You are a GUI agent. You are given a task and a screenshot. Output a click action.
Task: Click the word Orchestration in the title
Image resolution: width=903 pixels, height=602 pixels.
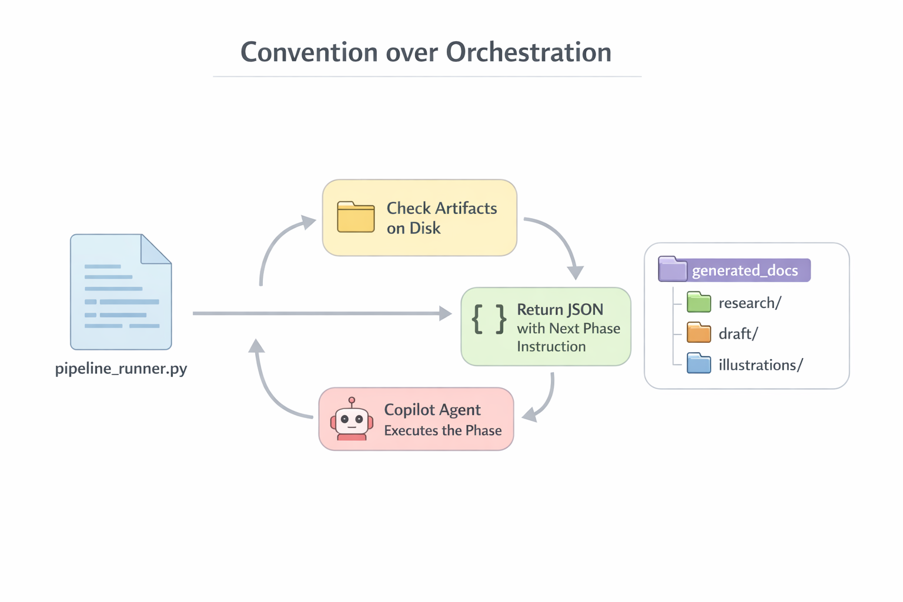click(529, 52)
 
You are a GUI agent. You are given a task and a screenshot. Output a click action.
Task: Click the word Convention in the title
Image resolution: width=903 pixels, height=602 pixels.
click(309, 52)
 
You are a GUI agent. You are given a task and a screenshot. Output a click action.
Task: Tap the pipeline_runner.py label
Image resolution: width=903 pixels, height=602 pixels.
click(121, 369)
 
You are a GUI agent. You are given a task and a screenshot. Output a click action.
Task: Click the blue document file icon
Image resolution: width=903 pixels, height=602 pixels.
click(121, 292)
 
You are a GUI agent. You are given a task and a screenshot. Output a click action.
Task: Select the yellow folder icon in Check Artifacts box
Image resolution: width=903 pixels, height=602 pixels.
click(356, 217)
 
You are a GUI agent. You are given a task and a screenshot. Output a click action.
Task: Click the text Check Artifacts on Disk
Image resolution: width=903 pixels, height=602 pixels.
click(442, 218)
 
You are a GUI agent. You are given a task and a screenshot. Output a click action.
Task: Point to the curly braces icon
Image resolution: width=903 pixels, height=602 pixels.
click(489, 319)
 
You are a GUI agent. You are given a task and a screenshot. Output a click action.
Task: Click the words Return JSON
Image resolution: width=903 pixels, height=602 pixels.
click(560, 309)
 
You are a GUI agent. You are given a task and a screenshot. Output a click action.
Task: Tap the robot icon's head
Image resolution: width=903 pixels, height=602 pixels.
click(352, 419)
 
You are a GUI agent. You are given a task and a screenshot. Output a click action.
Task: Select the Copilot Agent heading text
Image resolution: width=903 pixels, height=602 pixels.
click(432, 410)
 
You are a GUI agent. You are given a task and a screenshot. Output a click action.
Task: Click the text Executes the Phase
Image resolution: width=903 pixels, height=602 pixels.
click(443, 430)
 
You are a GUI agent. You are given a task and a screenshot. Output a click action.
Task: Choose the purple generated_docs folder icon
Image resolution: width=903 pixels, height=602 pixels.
click(673, 269)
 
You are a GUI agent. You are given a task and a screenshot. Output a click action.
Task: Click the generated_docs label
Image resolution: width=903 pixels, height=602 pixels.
click(745, 270)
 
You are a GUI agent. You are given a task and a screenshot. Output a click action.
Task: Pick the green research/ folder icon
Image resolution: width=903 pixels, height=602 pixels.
click(698, 302)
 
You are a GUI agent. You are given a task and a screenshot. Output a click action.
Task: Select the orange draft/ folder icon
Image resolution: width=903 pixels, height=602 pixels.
click(698, 333)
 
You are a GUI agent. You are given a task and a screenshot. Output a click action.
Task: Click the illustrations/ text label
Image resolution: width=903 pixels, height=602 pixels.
click(760, 365)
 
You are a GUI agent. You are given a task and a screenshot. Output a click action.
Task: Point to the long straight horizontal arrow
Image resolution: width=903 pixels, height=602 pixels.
click(317, 313)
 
